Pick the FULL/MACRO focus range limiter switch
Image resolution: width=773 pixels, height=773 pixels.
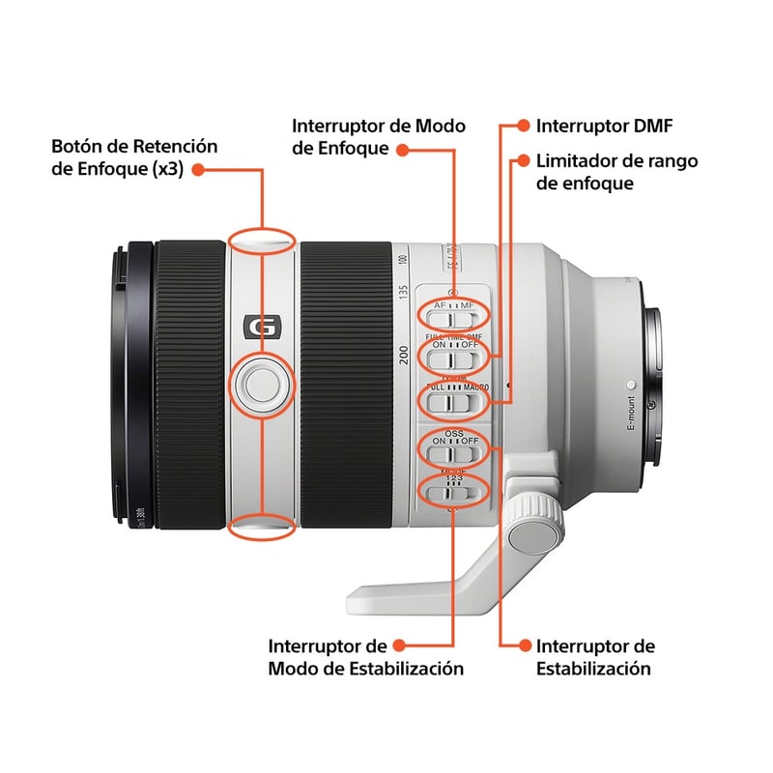pyautogui.click(x=453, y=398)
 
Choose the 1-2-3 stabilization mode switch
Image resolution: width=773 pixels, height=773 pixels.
pyautogui.click(x=453, y=493)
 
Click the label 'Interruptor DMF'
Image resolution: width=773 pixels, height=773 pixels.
pyautogui.click(x=604, y=126)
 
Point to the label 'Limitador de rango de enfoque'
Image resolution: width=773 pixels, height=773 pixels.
pyautogui.click(x=616, y=172)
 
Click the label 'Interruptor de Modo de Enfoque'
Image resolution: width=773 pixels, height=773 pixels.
pyautogui.click(x=379, y=137)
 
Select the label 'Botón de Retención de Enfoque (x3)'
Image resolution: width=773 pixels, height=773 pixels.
pyautogui.click(x=135, y=157)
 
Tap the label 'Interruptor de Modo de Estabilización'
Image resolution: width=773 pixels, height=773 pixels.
pyautogui.click(x=365, y=657)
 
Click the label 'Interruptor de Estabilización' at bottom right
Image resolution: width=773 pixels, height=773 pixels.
pyautogui.click(x=595, y=657)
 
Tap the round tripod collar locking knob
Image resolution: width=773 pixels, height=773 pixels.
pyautogui.click(x=532, y=531)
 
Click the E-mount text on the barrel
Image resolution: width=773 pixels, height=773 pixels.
pyautogui.click(x=630, y=413)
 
